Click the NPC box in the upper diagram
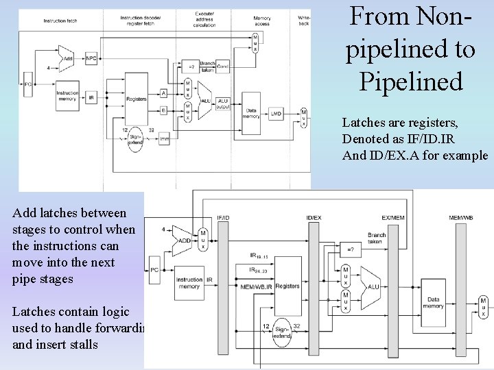(91, 59)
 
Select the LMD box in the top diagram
(276, 113)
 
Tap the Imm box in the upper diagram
(163, 140)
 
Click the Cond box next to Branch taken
(224, 66)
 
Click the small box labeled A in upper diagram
(163, 92)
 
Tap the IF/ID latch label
(224, 218)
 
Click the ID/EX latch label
(313, 218)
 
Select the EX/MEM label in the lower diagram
(394, 218)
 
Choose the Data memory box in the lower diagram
(433, 304)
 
